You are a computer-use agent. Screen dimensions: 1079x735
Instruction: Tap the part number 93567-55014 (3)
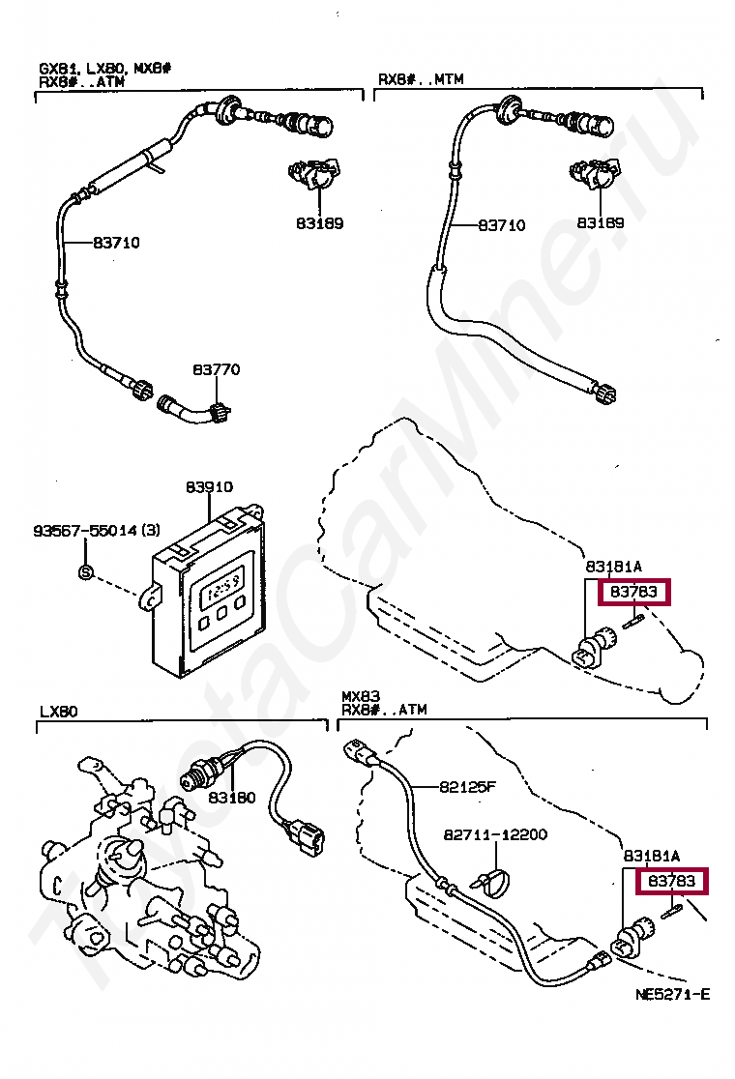click(x=97, y=531)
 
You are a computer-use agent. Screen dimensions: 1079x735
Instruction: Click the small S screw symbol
click(x=84, y=572)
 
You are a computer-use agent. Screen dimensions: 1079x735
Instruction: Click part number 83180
click(x=231, y=798)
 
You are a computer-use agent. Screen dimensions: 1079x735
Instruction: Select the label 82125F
click(x=467, y=786)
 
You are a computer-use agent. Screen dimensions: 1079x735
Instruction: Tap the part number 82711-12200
click(x=495, y=833)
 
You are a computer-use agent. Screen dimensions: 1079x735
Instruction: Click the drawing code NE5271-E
click(x=672, y=994)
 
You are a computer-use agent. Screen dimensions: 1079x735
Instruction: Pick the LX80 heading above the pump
click(x=60, y=711)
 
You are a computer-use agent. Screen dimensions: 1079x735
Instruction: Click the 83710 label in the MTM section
click(x=501, y=225)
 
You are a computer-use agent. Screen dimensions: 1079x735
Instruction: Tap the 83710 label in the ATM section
click(x=116, y=243)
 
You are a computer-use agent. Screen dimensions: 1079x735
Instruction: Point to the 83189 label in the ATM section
click(x=319, y=223)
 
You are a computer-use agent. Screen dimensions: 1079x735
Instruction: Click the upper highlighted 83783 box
click(x=633, y=591)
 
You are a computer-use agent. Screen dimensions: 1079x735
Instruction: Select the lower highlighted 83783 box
click(x=672, y=881)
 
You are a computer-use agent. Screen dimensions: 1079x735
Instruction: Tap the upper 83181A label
click(x=613, y=566)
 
